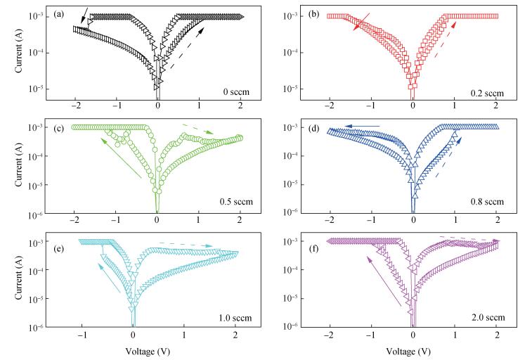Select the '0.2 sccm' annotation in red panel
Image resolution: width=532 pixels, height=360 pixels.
tap(488, 91)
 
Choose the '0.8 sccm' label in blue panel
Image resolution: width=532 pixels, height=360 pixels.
tap(488, 202)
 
